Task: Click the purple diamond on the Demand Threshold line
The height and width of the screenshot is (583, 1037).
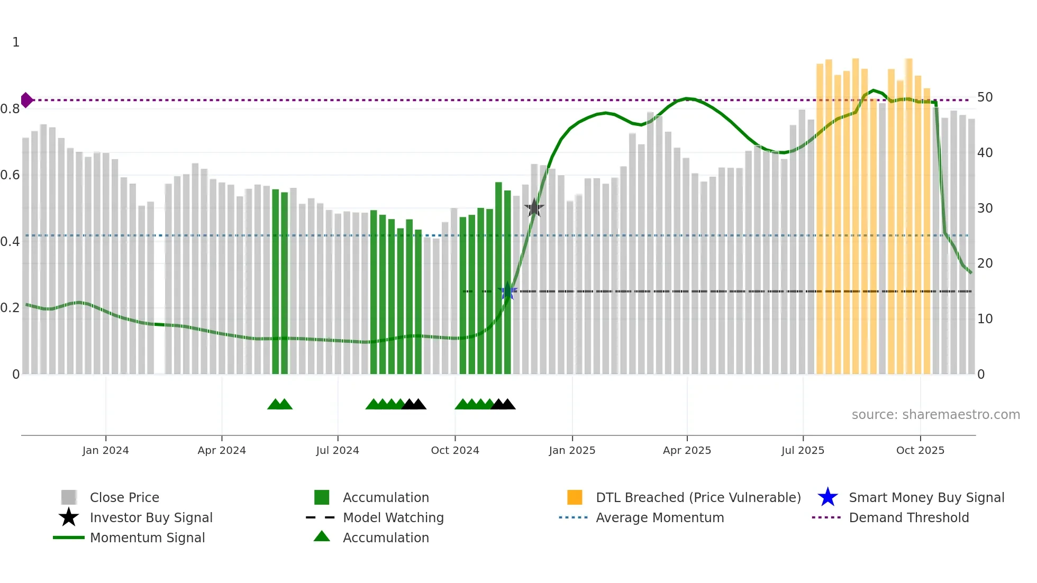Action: [x=26, y=100]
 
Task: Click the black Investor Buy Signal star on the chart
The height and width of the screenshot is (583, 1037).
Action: [x=534, y=208]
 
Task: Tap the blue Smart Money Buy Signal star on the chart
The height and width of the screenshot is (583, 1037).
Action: [x=507, y=291]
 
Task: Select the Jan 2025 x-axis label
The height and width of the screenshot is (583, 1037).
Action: [x=572, y=450]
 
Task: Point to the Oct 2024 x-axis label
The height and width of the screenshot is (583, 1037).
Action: [x=455, y=450]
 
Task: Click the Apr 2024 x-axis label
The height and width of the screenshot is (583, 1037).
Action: [x=222, y=450]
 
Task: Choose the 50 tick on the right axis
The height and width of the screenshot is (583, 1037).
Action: [x=985, y=97]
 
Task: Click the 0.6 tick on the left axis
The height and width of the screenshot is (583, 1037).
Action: [x=10, y=175]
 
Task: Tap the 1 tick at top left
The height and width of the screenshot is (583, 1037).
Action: [x=16, y=42]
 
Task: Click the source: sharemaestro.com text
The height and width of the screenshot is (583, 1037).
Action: [x=935, y=415]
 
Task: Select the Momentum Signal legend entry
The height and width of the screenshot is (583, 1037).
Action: [x=147, y=538]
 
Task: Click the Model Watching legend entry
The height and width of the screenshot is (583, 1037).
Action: [x=393, y=517]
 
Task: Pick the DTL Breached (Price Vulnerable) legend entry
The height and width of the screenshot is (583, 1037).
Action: [x=698, y=497]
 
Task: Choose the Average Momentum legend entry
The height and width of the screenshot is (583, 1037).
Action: [x=660, y=517]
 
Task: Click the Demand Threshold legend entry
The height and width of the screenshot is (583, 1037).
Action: [x=908, y=517]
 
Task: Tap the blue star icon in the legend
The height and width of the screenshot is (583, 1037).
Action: [x=827, y=497]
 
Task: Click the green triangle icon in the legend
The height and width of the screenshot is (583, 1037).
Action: [x=322, y=537]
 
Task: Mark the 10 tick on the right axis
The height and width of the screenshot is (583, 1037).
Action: [x=985, y=319]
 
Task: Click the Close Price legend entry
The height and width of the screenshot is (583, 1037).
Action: [x=124, y=497]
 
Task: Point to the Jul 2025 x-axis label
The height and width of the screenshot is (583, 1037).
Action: [x=803, y=450]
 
